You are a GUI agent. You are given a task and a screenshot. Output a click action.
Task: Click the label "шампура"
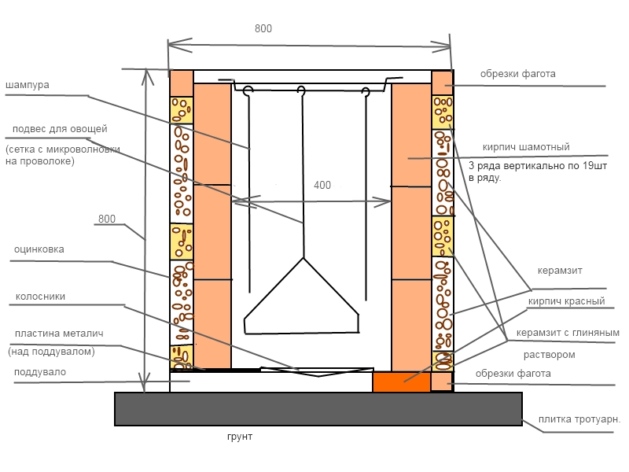coord(28,85)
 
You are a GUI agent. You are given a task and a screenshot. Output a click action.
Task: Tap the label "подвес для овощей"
coord(60,129)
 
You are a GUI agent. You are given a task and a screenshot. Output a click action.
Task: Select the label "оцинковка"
coord(39,249)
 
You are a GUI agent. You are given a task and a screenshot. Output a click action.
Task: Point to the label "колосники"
coord(40,297)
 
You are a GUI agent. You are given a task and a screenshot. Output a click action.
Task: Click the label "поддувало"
coord(40,372)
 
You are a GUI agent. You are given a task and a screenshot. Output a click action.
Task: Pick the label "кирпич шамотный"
coord(526,147)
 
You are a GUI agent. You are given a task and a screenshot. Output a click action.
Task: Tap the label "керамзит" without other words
coord(560,271)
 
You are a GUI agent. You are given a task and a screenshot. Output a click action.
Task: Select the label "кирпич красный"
coord(566,301)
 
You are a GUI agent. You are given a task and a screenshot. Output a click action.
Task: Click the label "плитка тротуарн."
coord(579,419)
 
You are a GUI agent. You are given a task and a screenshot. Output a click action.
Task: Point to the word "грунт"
coord(240,437)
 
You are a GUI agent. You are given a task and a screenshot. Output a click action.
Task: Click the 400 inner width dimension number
coord(322,185)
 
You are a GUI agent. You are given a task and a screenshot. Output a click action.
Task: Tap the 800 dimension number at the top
coord(263,28)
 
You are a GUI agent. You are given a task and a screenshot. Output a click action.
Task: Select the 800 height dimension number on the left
coord(107,219)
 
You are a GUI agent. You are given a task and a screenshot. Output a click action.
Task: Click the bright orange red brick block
coord(402,382)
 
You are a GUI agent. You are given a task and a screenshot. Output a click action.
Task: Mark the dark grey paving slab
coord(318,409)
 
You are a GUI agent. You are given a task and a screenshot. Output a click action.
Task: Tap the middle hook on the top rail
coord(301,90)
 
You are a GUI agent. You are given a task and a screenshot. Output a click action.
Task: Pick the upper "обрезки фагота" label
coord(517,74)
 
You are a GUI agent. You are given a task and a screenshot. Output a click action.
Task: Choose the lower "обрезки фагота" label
coord(513,374)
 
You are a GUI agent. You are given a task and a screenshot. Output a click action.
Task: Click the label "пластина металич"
coord(59,334)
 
